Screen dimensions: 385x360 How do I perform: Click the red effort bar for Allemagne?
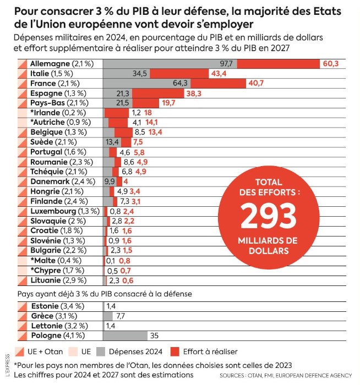point(279,64)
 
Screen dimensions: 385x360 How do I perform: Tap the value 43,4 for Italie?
point(219,74)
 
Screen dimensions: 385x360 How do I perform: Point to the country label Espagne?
point(46,94)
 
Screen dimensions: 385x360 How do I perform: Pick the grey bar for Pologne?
point(126,335)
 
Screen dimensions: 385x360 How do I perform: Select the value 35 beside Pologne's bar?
point(154,335)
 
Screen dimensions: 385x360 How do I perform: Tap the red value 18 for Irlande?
point(148,113)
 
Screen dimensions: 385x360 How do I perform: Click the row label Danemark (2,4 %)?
point(62,182)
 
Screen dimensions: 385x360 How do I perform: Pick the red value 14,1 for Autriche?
point(152,123)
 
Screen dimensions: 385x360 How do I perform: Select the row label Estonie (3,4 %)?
point(57,306)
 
